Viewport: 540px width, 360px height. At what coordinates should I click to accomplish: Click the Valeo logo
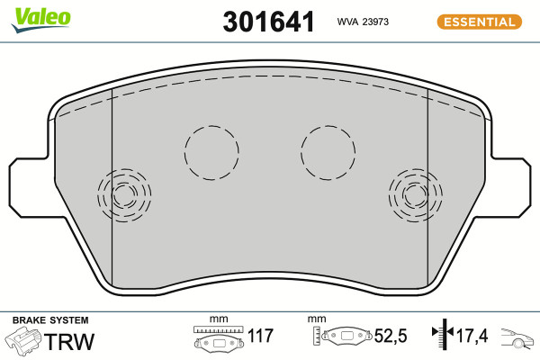[x=40, y=20]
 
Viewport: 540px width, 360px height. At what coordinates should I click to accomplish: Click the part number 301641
[x=268, y=22]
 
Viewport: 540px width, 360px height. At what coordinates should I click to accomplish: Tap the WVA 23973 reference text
[x=363, y=22]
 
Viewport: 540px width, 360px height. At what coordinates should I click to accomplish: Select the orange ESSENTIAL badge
[x=480, y=22]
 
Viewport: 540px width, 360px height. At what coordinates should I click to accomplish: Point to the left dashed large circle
[x=184, y=153]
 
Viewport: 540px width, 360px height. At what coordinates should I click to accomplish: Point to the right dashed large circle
[x=301, y=153]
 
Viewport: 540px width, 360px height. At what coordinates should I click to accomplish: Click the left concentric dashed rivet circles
[x=98, y=195]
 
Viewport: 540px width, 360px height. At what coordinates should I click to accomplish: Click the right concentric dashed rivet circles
[x=390, y=195]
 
